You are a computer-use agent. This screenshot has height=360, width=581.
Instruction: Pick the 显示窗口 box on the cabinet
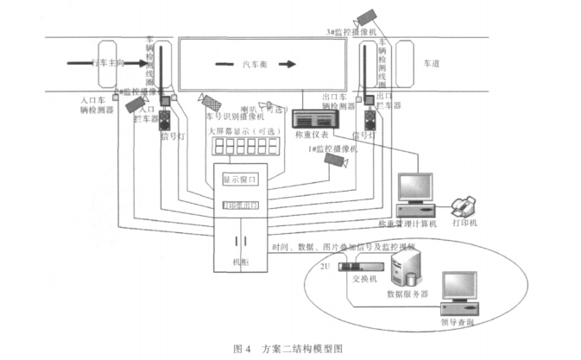click(241, 180)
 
